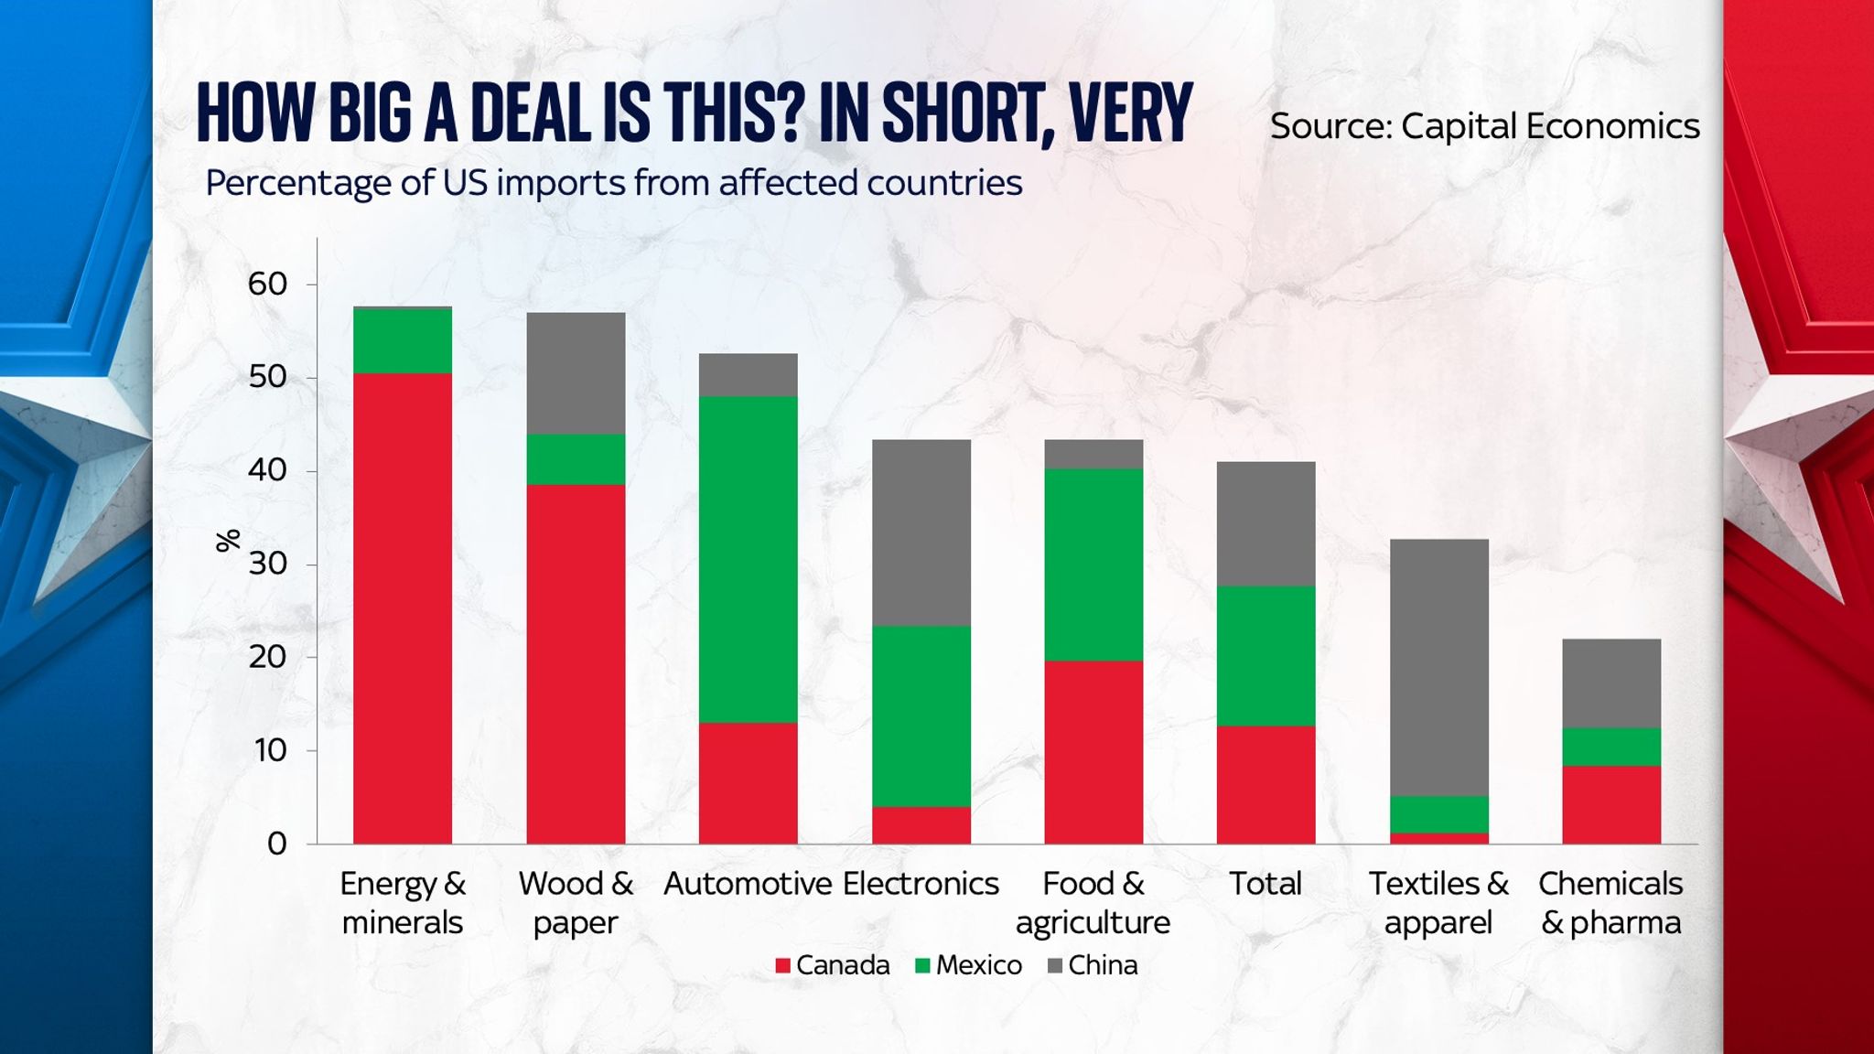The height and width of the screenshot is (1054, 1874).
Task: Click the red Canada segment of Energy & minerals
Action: (403, 608)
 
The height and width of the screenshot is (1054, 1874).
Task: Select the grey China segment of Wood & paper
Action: (576, 373)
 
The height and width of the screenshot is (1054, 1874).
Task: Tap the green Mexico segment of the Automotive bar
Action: (748, 560)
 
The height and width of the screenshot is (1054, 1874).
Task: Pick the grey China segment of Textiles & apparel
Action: (1438, 668)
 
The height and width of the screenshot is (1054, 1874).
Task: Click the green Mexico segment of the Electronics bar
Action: (921, 716)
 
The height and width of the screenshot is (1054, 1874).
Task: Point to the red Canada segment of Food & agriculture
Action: (1093, 752)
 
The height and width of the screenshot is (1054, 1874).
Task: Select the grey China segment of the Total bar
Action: (1265, 524)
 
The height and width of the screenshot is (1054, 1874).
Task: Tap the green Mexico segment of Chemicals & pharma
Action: (1610, 747)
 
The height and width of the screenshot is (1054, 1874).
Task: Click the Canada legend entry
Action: (832, 965)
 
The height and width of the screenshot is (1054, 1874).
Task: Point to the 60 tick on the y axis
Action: (267, 284)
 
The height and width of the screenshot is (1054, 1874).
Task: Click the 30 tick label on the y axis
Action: (267, 564)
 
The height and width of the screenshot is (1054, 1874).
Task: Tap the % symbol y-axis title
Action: (228, 541)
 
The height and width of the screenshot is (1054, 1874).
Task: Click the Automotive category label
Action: (748, 884)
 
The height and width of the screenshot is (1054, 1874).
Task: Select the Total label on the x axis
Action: (1265, 884)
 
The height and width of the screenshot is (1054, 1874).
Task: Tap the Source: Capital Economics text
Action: (1484, 126)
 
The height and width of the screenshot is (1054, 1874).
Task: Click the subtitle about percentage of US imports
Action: (613, 183)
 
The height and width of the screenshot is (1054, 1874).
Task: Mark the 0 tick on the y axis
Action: (276, 844)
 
